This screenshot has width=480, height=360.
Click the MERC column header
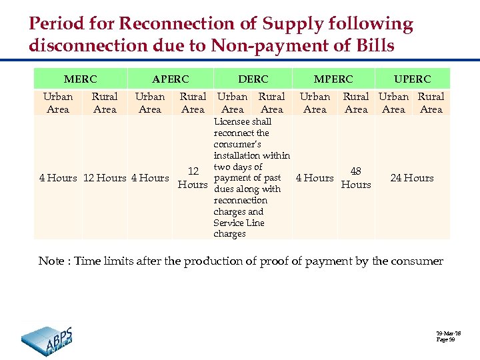tap(81, 79)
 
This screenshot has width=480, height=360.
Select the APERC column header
tap(170, 79)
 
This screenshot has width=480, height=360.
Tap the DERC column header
tap(253, 79)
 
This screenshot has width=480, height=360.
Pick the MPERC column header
tap(333, 79)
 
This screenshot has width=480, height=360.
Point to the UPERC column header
tap(412, 79)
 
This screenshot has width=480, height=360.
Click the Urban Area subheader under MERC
tap(58, 103)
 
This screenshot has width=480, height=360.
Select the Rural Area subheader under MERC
tap(105, 103)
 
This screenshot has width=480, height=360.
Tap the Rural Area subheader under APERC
tap(193, 103)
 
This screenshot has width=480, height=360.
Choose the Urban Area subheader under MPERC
tap(315, 103)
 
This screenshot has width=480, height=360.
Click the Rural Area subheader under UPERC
tap(431, 103)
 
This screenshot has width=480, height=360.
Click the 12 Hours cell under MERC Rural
tap(105, 178)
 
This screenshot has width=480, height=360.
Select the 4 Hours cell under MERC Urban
tap(58, 178)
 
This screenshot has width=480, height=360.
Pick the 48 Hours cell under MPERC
tap(356, 178)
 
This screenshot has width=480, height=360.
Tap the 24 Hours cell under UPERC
tap(412, 178)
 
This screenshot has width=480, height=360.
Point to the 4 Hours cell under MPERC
tap(315, 178)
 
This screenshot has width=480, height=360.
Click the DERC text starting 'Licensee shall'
tap(251, 177)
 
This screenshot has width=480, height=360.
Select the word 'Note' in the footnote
tap(51, 261)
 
